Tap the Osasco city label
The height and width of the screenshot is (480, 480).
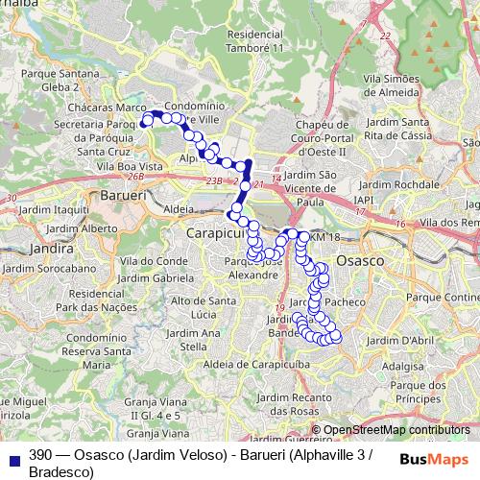pos(368,260)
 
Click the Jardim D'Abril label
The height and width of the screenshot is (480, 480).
pos(395,339)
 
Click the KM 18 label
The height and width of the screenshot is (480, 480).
pos(325,237)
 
